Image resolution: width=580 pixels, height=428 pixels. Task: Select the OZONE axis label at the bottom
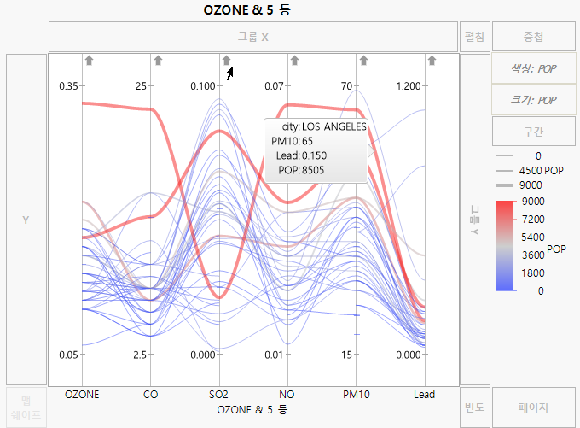point(82,395)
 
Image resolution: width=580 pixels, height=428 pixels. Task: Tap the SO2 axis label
point(219,395)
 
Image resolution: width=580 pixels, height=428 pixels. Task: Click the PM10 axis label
point(356,395)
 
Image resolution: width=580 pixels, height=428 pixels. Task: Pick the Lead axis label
point(424,395)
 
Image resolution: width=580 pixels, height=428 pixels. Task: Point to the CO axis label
point(151,395)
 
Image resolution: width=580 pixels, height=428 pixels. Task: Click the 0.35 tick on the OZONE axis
point(67,86)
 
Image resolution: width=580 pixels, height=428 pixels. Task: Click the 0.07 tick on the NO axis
point(274,86)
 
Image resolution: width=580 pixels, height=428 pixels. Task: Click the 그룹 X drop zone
point(252,38)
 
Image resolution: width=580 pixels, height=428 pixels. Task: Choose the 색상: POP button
point(535,69)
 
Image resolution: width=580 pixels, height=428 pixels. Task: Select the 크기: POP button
point(535,100)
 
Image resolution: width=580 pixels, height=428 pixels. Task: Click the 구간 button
point(535,132)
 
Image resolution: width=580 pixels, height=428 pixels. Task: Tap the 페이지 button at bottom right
point(535,407)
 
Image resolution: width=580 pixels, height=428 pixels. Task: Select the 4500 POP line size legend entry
point(541,171)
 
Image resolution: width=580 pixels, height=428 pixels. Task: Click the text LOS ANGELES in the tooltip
point(334,126)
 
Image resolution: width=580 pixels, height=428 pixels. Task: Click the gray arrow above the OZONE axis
point(90,60)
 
